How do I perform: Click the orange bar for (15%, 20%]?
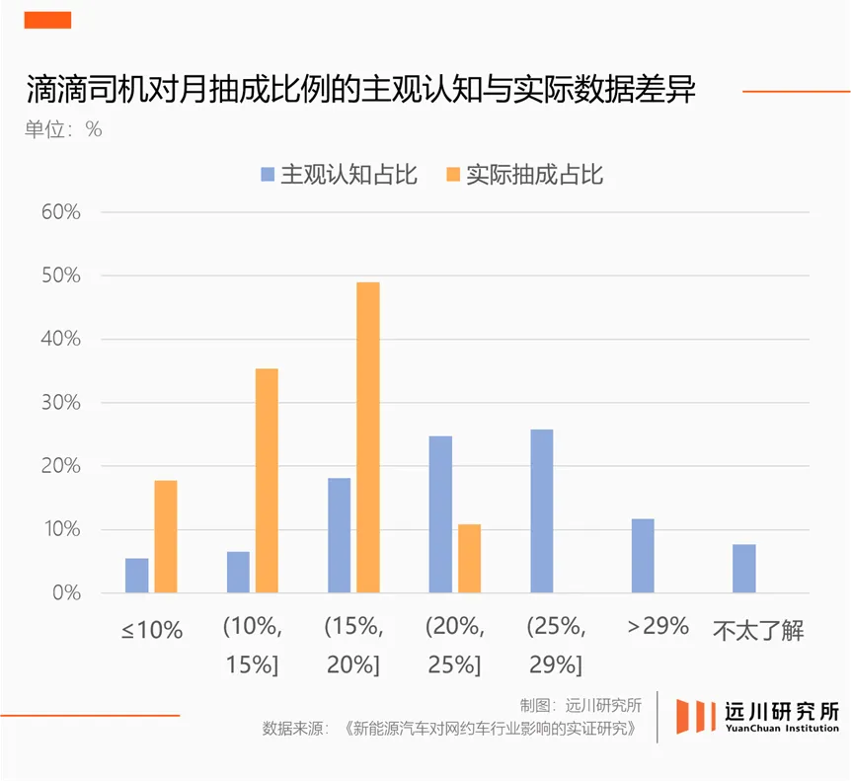(x=367, y=437)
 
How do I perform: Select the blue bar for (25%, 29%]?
(x=542, y=510)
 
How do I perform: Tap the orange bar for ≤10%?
(x=165, y=536)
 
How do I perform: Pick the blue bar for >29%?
(x=643, y=555)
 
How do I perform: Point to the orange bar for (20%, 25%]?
(x=469, y=558)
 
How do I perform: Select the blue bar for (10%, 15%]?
(x=238, y=572)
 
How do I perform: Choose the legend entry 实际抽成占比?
(x=524, y=176)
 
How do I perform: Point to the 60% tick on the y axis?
(x=60, y=212)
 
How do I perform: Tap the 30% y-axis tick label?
(x=60, y=403)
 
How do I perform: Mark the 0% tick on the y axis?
(x=66, y=593)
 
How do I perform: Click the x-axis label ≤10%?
(x=152, y=630)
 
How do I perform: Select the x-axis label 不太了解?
(x=757, y=630)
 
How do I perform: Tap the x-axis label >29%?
(x=657, y=625)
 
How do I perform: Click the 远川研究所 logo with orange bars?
(x=756, y=716)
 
